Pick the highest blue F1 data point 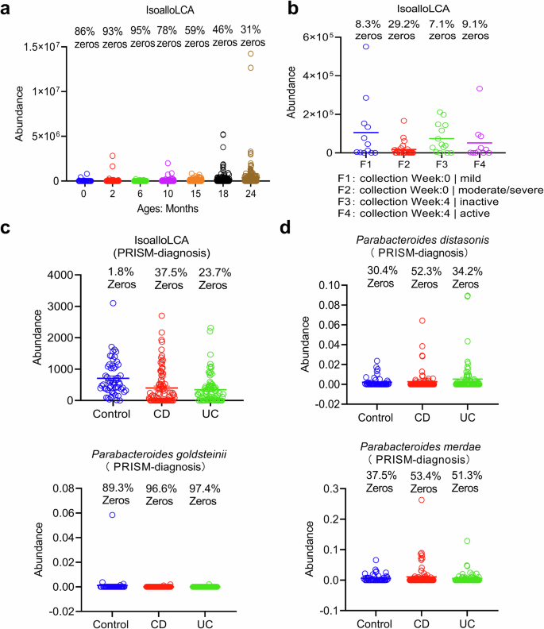[x=343, y=47]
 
